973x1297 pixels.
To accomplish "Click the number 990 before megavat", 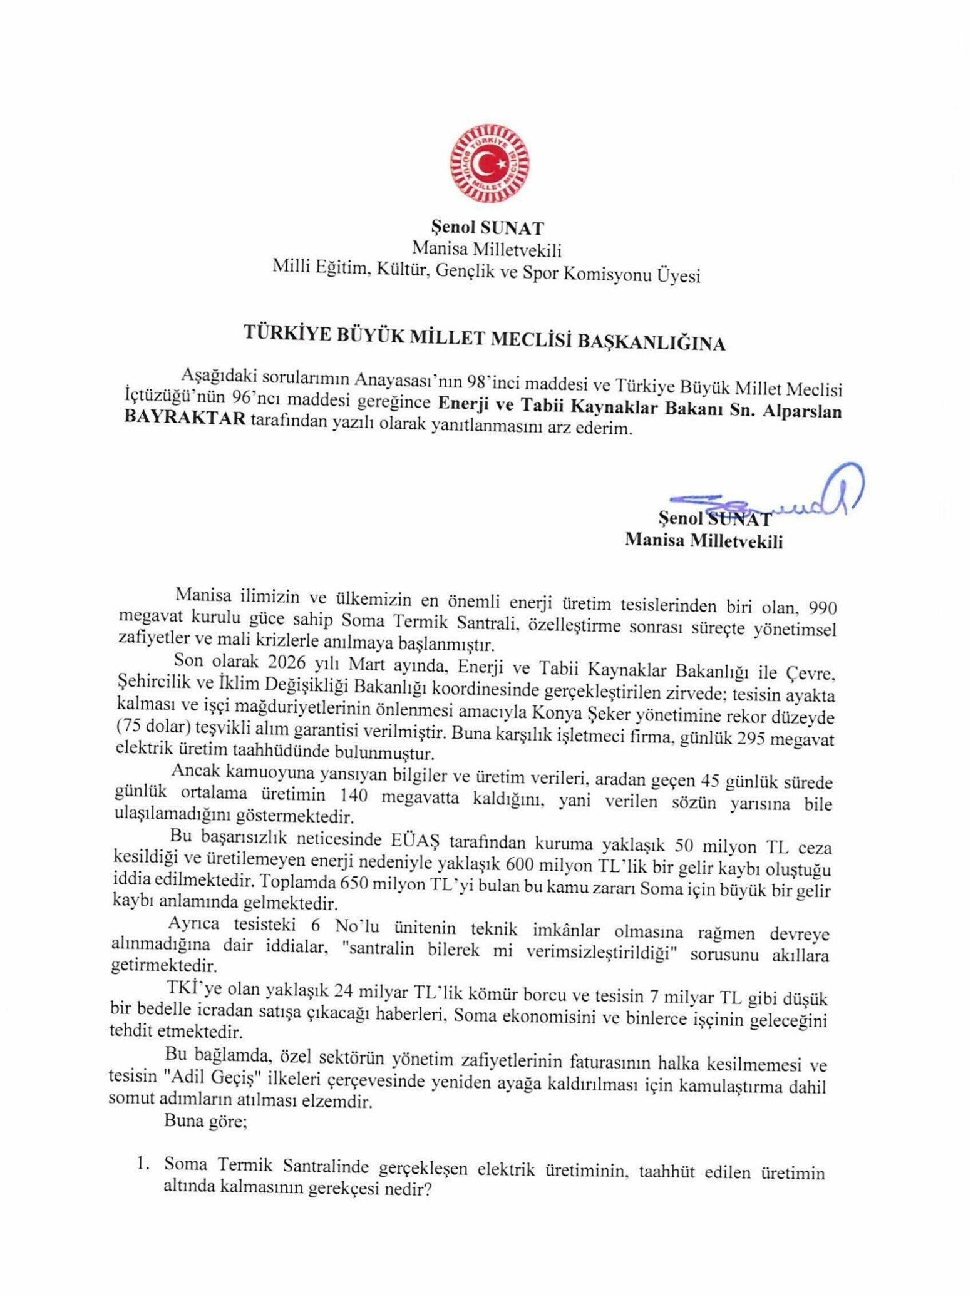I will tap(823, 607).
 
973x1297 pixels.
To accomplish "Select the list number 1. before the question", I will tap(143, 1163).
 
